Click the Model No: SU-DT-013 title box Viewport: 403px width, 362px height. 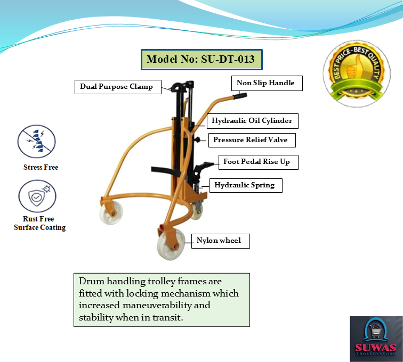click(201, 60)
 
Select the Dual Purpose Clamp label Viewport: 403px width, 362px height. click(116, 87)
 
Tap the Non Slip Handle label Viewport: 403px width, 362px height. click(265, 83)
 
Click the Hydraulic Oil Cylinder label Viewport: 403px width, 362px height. click(252, 121)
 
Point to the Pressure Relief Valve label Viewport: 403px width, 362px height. click(251, 140)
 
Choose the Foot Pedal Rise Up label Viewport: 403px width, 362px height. click(256, 161)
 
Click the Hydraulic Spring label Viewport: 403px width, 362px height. click(245, 185)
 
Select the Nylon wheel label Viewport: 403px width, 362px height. click(219, 241)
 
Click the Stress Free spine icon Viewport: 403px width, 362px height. click(37, 141)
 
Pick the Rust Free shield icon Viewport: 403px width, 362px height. click(37, 196)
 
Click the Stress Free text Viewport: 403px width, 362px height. click(41, 167)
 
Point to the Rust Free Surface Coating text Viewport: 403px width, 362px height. click(40, 223)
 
